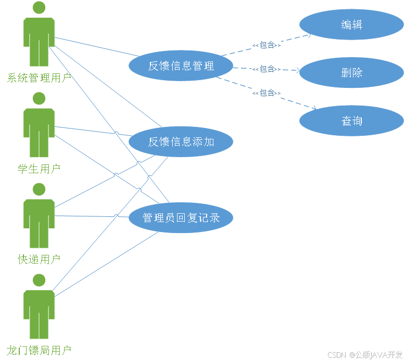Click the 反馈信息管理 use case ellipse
(181, 66)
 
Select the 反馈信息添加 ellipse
(181, 141)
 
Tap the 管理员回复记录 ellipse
(181, 217)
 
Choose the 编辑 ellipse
(351, 24)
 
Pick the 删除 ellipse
(351, 73)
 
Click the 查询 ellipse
(351, 121)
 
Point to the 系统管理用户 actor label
(39, 79)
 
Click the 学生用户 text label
(39, 169)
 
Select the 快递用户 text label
(39, 259)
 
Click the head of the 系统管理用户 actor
(39, 8)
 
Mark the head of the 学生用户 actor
(39, 98)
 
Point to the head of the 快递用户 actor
(39, 189)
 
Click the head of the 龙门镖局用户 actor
(39, 280)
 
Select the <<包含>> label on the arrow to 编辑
(266, 45)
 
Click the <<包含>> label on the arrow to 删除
(266, 69)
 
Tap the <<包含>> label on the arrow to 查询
(266, 93)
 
